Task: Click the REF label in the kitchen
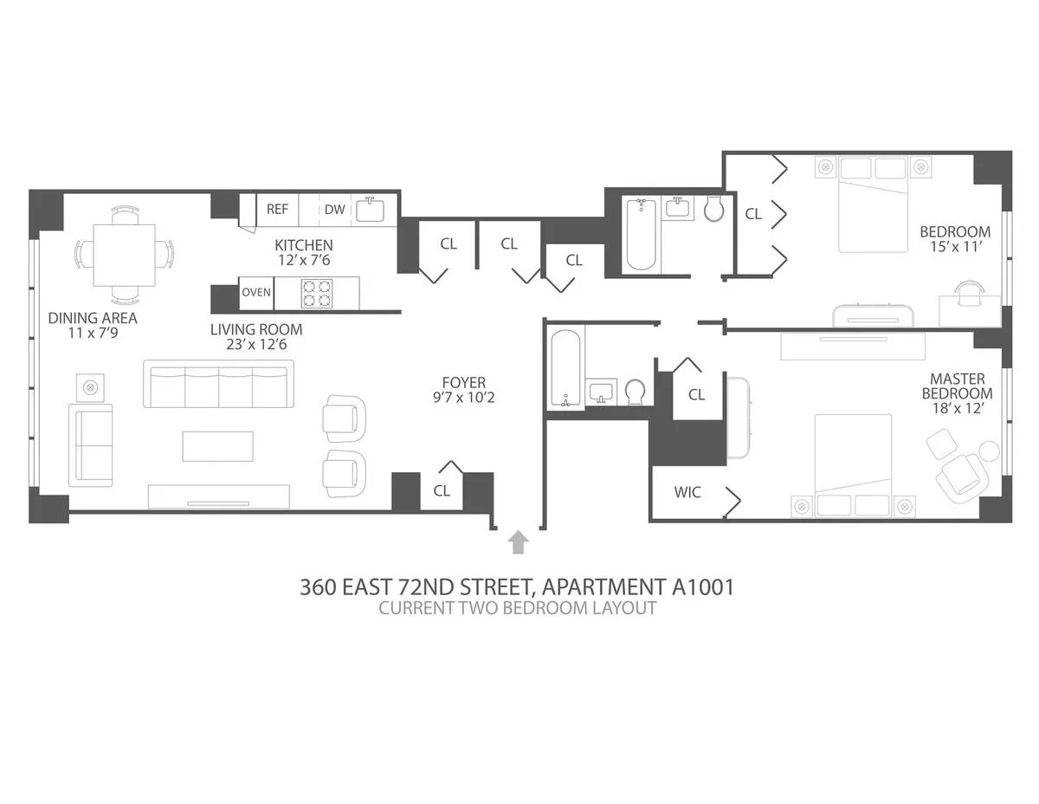pos(277,209)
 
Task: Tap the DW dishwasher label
pos(334,209)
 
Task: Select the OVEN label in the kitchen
pos(256,292)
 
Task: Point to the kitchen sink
pos(371,209)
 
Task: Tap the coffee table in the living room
pos(218,446)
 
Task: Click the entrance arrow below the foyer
pos(518,541)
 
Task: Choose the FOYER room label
pos(463,382)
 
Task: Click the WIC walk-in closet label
pos(687,492)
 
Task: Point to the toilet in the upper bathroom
pos(715,209)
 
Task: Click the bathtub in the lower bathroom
pos(568,367)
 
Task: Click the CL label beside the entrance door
pos(442,490)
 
